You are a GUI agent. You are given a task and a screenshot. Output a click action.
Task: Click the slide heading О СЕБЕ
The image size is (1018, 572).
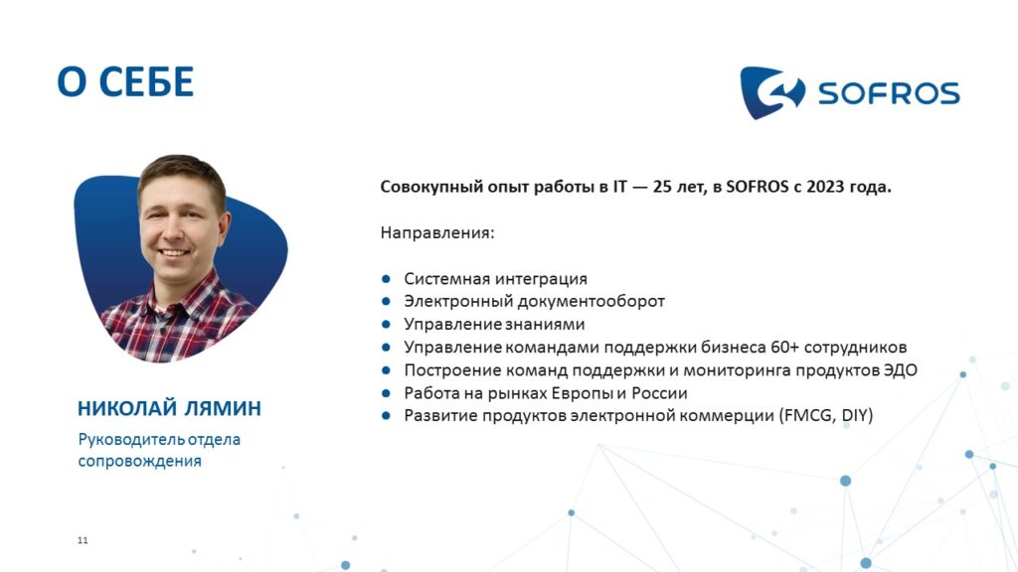(125, 81)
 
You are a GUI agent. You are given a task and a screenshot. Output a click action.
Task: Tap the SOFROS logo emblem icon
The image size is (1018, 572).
(772, 92)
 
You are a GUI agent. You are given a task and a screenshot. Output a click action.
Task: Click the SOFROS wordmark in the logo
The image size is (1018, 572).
(889, 93)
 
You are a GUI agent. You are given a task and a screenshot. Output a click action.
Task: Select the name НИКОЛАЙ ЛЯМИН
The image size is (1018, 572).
(169, 408)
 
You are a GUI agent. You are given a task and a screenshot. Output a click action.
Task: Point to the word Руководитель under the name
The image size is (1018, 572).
(132, 440)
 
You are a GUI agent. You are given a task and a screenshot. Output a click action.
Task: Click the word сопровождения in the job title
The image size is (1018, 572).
(139, 461)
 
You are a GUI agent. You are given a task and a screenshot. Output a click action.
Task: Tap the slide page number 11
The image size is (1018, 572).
(83, 540)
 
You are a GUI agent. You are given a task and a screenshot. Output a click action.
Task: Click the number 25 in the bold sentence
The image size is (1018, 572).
(662, 187)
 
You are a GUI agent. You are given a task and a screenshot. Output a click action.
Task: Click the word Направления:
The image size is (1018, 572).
(437, 232)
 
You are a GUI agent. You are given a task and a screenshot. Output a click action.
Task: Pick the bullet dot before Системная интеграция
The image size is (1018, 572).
(387, 279)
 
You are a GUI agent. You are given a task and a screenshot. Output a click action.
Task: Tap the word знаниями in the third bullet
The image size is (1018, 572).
(545, 325)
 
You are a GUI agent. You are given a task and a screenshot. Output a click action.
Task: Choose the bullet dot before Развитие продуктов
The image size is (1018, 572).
(387, 416)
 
